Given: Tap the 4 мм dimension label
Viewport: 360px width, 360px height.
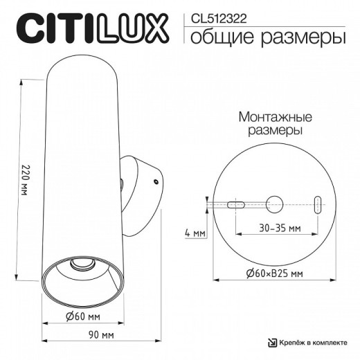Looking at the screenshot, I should click(196, 234).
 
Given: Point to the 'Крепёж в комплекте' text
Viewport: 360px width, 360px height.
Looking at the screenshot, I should click(312, 342).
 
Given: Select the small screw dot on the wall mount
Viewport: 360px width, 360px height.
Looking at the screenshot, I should click(155, 182).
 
